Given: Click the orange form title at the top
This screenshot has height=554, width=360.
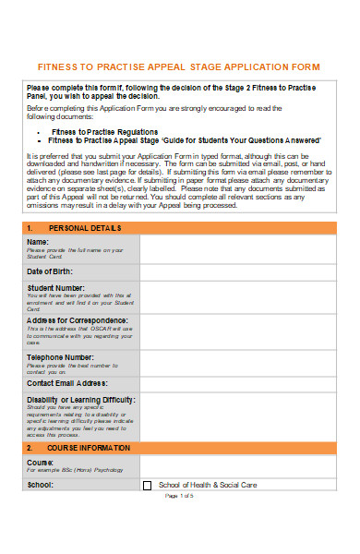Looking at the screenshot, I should point(178,67).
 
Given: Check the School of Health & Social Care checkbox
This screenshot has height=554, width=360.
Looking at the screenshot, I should point(147,511).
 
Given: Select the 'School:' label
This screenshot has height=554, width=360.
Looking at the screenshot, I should point(40,510).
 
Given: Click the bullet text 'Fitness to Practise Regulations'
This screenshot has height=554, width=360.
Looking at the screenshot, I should point(116,132).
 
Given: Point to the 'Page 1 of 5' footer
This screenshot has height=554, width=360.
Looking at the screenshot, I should point(178,523).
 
